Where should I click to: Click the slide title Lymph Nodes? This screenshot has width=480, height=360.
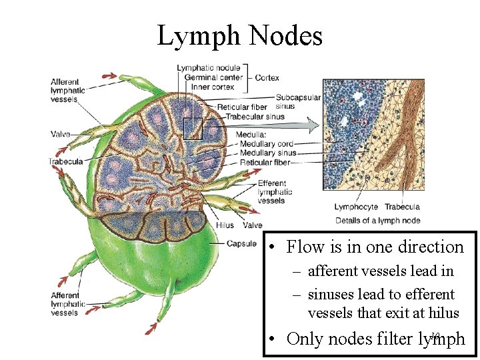coord(239,35)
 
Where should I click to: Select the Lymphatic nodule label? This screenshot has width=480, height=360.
coord(209,68)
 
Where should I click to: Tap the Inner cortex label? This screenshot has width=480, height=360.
coord(211,87)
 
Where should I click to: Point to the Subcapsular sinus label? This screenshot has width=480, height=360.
coord(297,101)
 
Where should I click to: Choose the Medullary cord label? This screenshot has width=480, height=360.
coord(266,143)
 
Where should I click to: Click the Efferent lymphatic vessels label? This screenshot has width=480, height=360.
coord(271,191)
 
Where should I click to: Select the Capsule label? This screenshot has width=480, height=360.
coord(241,243)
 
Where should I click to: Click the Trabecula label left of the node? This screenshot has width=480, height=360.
coord(65,161)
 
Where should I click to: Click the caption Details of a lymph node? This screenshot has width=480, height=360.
coord(377,221)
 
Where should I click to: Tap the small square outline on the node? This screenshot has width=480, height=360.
coord(192,128)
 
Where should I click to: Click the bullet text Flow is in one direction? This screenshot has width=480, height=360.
coord(375,247)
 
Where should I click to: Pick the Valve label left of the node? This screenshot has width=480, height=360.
coord(60,134)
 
